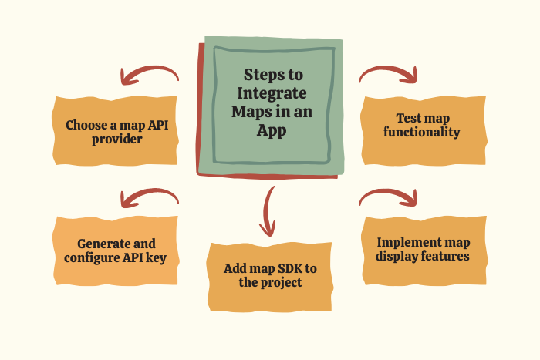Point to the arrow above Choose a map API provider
point(149,75)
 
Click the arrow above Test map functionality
point(388,74)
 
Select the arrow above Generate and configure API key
point(149,198)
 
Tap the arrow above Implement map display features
point(388,198)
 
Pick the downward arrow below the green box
point(268,210)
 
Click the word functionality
point(422,132)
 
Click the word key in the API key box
point(167,257)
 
